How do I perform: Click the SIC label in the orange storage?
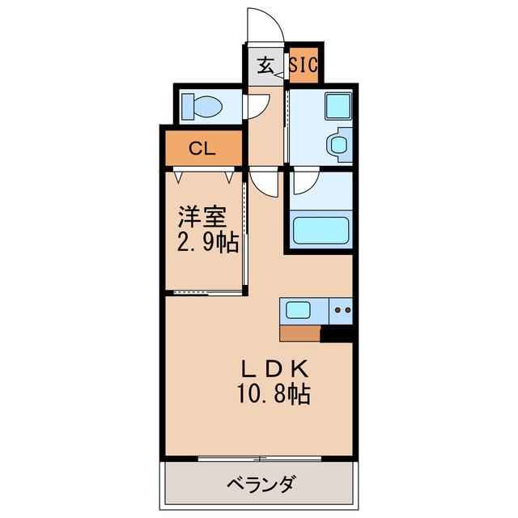304,65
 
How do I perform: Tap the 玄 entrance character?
266,65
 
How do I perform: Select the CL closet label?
202,149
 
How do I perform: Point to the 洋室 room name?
202,217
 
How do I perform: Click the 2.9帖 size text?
208,243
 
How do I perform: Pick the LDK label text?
275,369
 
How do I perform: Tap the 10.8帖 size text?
274,394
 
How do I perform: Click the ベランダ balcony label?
261,485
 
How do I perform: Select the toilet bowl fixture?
202,106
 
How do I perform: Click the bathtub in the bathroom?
321,231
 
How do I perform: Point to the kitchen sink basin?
298,311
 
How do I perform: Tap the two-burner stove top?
341,311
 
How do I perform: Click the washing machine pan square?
338,106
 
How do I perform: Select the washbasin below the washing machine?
339,145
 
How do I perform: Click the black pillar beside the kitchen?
337,333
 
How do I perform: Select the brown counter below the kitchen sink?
300,333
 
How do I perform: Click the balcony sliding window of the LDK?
260,459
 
